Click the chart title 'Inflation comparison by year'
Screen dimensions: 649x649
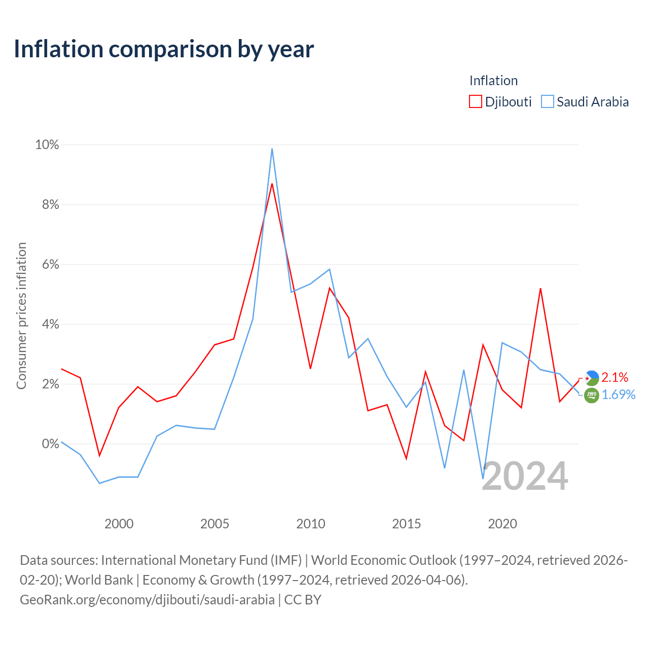164,49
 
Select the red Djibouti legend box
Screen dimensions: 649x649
475,101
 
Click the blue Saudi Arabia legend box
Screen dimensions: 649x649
547,101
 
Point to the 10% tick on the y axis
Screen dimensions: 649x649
47,145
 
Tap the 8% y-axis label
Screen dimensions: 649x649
51,204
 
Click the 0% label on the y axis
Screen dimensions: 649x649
51,444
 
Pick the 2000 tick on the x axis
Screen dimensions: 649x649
119,524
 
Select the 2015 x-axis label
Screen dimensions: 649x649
406,524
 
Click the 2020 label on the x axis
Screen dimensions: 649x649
502,524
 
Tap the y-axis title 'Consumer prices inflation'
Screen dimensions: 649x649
21,316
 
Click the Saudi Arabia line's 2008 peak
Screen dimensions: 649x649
272,149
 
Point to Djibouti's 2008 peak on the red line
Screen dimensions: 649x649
272,184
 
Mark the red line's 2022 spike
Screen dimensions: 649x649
540,289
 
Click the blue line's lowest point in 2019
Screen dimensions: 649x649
483,478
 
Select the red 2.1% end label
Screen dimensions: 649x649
615,378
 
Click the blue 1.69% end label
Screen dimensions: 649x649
619,394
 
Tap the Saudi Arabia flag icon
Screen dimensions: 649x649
591,395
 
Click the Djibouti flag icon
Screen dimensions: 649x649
591,378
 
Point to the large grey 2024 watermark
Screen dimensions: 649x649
525,477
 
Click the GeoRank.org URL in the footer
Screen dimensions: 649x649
147,600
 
